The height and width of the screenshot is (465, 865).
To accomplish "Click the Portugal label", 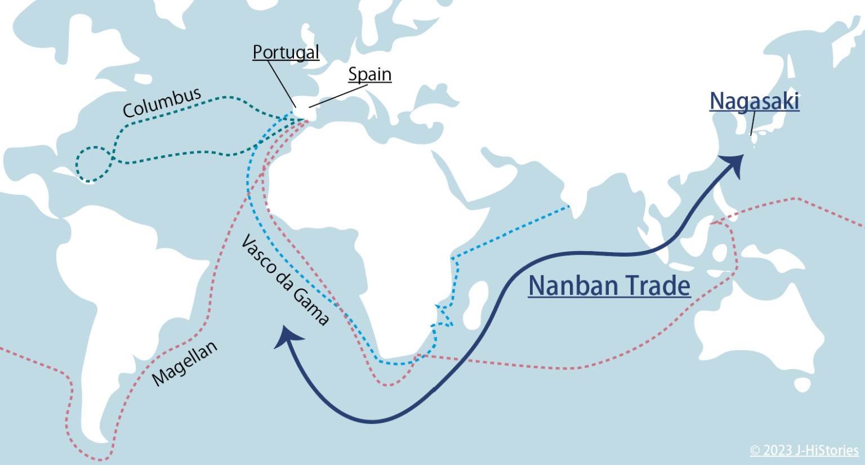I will coord(286,52).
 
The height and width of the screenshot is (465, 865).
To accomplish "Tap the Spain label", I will coord(369,74).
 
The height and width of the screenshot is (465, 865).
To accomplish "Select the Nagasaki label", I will coord(754,101).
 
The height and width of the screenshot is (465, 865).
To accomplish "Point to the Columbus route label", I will coord(162,102).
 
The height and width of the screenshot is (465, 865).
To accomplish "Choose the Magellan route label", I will coord(185,364).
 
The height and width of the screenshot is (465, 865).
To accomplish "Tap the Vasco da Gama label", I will coord(284,280).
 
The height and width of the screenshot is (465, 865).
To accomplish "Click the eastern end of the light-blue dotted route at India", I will coord(569,207).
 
